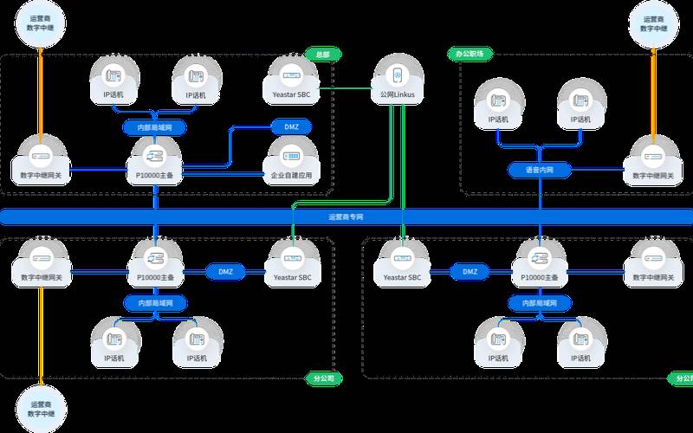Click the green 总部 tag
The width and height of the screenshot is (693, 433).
pyautogui.click(x=321, y=54)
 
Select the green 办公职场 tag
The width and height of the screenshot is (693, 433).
pyautogui.click(x=469, y=54)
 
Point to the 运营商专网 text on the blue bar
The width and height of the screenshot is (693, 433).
pyautogui.click(x=346, y=216)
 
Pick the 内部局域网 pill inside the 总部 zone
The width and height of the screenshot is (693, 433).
pyautogui.click(x=155, y=126)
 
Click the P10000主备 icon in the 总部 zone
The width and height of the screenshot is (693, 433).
pyautogui.click(x=155, y=157)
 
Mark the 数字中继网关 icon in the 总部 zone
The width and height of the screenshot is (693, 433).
pyautogui.click(x=40, y=157)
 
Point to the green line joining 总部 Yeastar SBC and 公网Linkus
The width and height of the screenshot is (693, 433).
pyautogui.click(x=346, y=88)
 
